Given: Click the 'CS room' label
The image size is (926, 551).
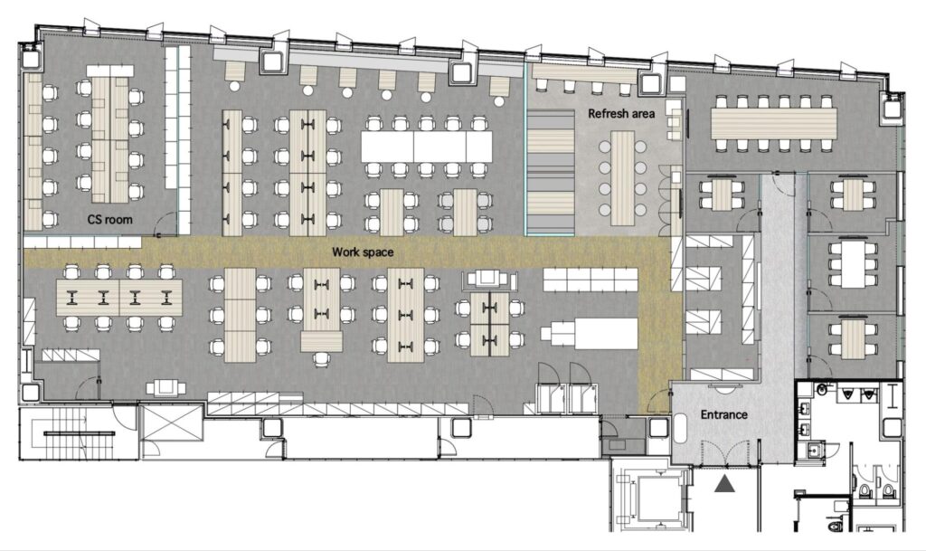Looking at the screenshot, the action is (x=109, y=220).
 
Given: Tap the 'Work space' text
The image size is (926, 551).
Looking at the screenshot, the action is (x=363, y=252).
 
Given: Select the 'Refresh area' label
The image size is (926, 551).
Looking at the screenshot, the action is (x=621, y=113).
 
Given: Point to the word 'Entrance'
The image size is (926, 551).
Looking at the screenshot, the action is (x=724, y=414).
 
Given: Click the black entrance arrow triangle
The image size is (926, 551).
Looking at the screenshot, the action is (x=724, y=484).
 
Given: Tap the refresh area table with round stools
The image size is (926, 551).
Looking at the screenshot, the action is (x=622, y=177).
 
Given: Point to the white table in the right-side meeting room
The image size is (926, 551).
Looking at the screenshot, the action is (x=853, y=264).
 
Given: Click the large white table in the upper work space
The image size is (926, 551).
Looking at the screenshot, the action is (x=427, y=147).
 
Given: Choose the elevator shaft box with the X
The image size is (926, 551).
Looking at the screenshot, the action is (x=173, y=422).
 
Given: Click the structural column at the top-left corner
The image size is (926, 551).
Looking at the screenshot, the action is (x=32, y=59).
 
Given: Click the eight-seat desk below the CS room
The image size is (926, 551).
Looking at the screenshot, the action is (x=118, y=297).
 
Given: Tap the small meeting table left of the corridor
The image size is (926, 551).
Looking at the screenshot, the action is (x=722, y=195).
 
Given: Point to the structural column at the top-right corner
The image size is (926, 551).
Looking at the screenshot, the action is (x=890, y=107).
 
